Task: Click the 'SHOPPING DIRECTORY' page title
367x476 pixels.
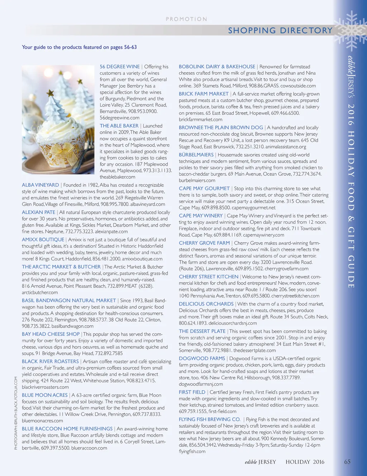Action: (x=280, y=30)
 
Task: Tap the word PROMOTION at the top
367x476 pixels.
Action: (x=186, y=19)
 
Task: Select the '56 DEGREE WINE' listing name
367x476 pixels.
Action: (x=120, y=67)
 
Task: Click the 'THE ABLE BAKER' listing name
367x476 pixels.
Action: (x=119, y=126)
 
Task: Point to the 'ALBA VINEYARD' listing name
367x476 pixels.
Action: (x=40, y=185)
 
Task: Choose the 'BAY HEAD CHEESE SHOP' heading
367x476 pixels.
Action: (x=51, y=334)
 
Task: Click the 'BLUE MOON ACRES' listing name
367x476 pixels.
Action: (x=45, y=395)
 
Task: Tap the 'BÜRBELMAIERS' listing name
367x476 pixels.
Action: (x=196, y=155)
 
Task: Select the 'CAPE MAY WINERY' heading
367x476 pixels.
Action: (x=201, y=216)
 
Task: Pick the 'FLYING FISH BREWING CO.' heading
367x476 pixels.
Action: (x=210, y=419)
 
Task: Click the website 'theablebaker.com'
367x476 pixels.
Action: (x=118, y=177)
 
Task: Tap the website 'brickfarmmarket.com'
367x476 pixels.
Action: (x=201, y=120)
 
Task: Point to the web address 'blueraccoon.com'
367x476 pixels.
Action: (x=89, y=448)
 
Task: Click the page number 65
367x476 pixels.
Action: (x=347, y=462)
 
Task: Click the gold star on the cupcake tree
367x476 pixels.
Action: (x=50, y=94)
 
